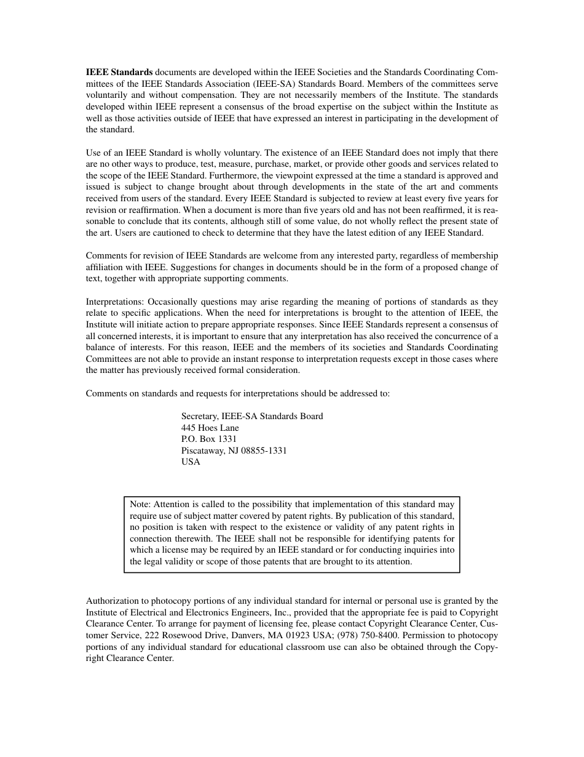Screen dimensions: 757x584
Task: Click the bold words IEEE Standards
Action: tap(119, 72)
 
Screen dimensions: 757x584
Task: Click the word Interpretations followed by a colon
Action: tap(114, 302)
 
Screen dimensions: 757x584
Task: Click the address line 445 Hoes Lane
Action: tap(210, 428)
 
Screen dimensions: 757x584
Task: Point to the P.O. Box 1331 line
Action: tap(208, 439)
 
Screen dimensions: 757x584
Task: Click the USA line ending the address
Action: tap(191, 462)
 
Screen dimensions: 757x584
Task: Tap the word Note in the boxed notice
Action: tap(140, 504)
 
